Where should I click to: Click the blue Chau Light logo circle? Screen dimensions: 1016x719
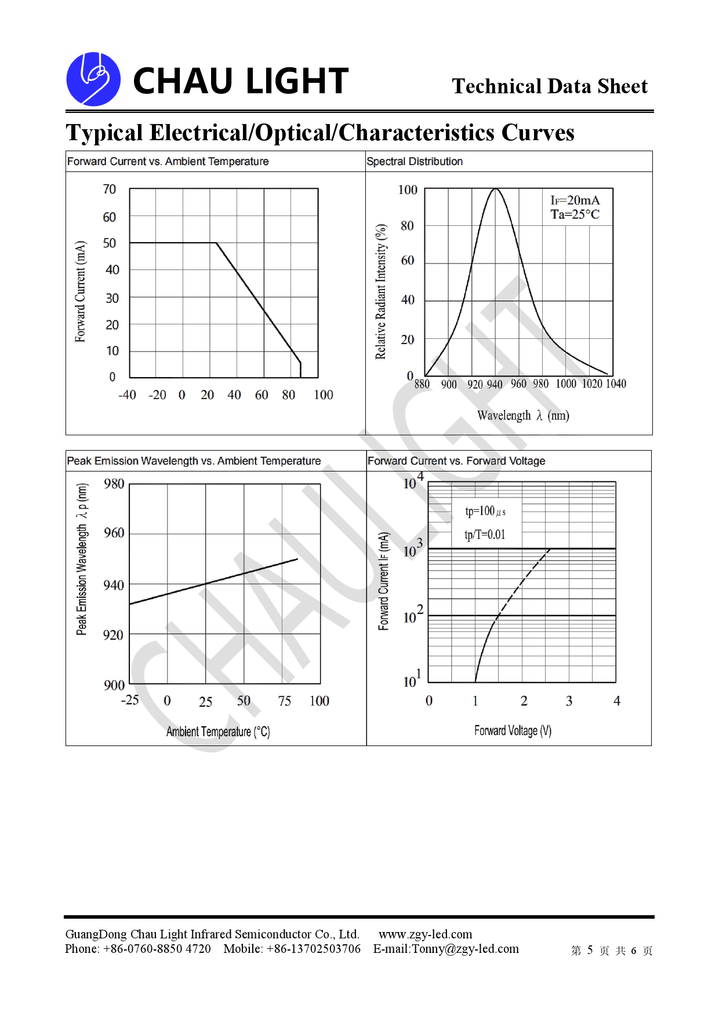coord(93,79)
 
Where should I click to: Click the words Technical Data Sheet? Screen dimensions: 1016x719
coord(549,86)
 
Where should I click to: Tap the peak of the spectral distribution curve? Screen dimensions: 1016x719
coord(495,189)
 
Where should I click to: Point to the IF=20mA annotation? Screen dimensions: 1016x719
coord(575,200)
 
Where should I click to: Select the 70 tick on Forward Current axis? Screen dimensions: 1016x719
coord(109,189)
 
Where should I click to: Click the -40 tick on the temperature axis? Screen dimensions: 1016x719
coord(127,395)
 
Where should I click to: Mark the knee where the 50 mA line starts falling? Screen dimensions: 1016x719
coord(216,243)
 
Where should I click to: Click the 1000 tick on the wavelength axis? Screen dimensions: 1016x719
coord(566,384)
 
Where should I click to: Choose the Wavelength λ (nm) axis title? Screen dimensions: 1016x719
coord(523,415)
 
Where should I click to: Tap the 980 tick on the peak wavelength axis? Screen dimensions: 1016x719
coord(114,484)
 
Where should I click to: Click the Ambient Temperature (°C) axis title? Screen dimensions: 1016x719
coord(218,732)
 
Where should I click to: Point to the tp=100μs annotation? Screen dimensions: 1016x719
coord(485,511)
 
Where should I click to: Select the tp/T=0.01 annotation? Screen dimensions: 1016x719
coord(485,535)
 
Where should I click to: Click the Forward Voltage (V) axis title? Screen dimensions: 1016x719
coord(513,730)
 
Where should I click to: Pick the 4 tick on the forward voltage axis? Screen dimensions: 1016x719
coord(617,701)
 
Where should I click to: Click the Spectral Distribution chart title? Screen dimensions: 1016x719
coord(415,162)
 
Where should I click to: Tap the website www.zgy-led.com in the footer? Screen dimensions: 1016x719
coord(426,934)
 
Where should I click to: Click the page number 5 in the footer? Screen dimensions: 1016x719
coord(590,950)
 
